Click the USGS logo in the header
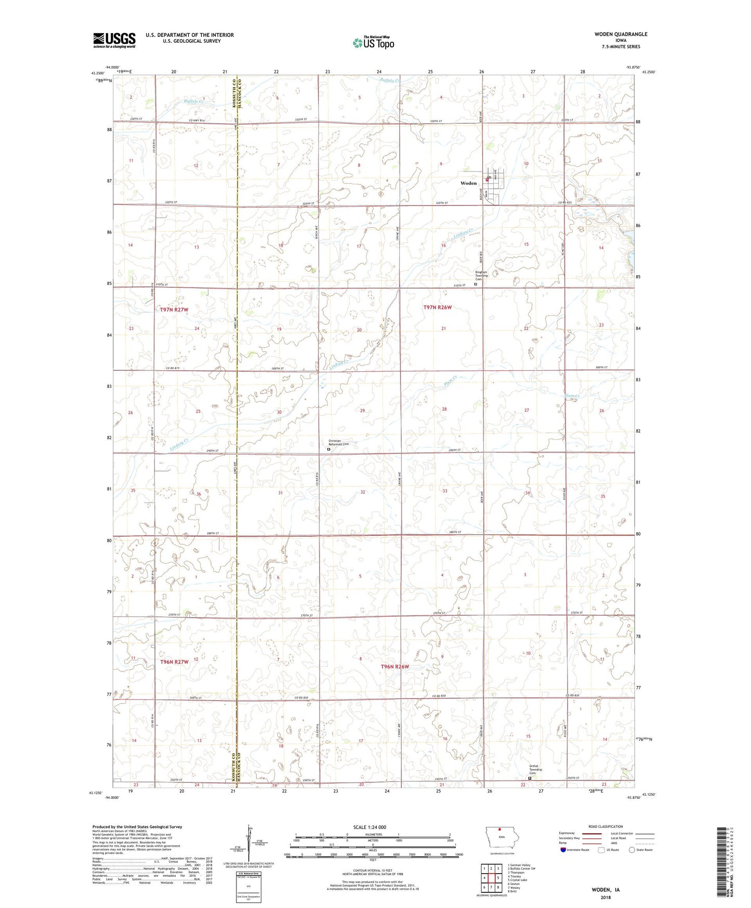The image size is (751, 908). tap(114, 40)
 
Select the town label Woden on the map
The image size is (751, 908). tap(468, 183)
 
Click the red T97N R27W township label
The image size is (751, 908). tap(174, 309)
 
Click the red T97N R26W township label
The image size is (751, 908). tap(437, 307)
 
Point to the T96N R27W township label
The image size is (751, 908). tap(174, 661)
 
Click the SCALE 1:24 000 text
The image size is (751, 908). tap(370, 827)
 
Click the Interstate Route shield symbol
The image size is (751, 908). tap(563, 850)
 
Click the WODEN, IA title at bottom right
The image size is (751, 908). tap(605, 890)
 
